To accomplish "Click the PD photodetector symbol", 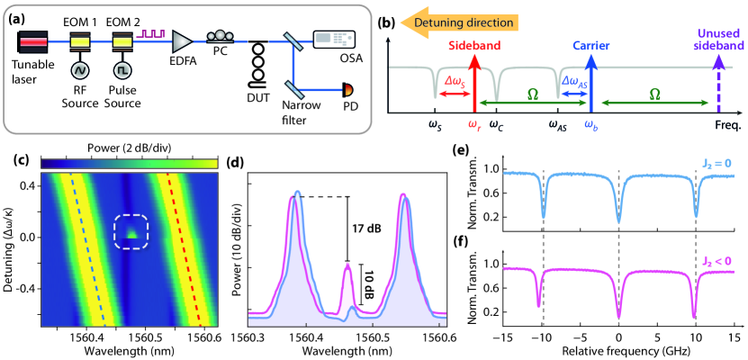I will click(347, 90).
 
